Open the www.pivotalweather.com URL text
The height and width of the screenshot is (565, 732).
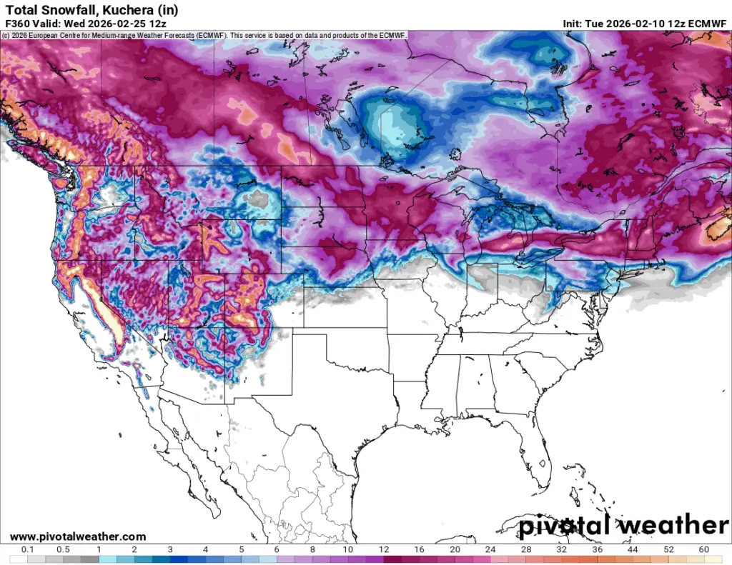coord(78,536)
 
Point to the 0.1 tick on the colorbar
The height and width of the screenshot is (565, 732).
coord(28,549)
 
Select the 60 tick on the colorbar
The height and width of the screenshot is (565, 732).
coord(704,549)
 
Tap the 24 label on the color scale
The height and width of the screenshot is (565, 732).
coord(490,549)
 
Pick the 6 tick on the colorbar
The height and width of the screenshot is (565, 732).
coord(277,549)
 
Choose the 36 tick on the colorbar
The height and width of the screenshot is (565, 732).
coord(597,549)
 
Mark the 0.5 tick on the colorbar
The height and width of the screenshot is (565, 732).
coord(63,549)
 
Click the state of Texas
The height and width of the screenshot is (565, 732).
coord(336,400)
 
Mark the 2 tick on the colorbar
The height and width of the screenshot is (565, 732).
coord(134,549)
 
